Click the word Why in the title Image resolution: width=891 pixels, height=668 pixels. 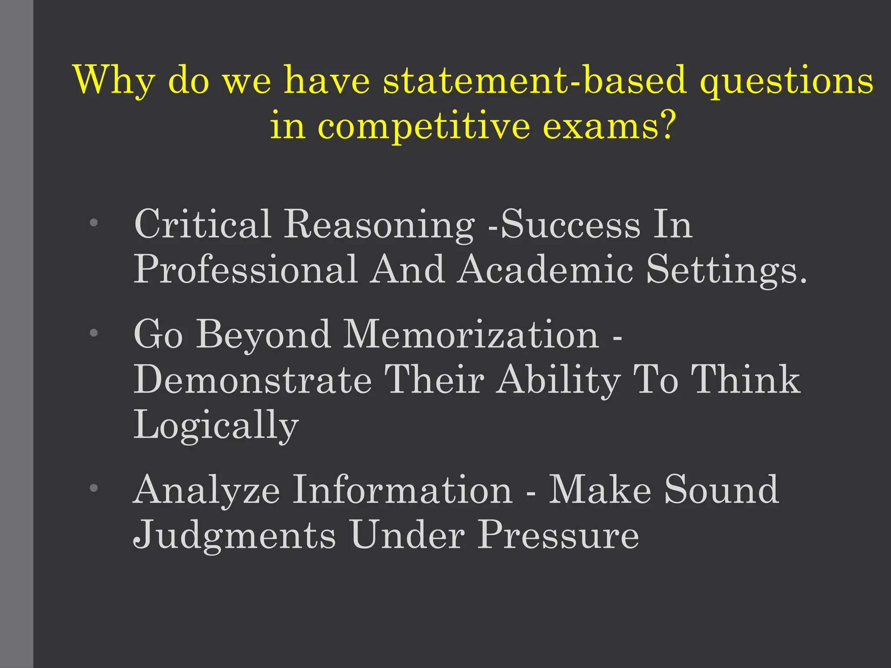tap(114, 80)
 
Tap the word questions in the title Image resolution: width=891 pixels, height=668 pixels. tap(787, 80)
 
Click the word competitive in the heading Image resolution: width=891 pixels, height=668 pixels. tap(424, 126)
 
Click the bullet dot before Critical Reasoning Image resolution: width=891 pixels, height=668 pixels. tap(94, 223)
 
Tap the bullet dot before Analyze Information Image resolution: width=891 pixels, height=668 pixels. tap(94, 488)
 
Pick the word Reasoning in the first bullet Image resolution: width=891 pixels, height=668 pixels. tap(379, 224)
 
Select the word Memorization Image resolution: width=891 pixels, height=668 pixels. tap(471, 335)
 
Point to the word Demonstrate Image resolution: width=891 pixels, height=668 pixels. tap(253, 380)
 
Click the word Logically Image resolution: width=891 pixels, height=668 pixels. tap(216, 425)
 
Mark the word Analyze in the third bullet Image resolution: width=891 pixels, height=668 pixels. tap(206, 490)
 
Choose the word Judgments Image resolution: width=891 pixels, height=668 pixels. tap(234, 535)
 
